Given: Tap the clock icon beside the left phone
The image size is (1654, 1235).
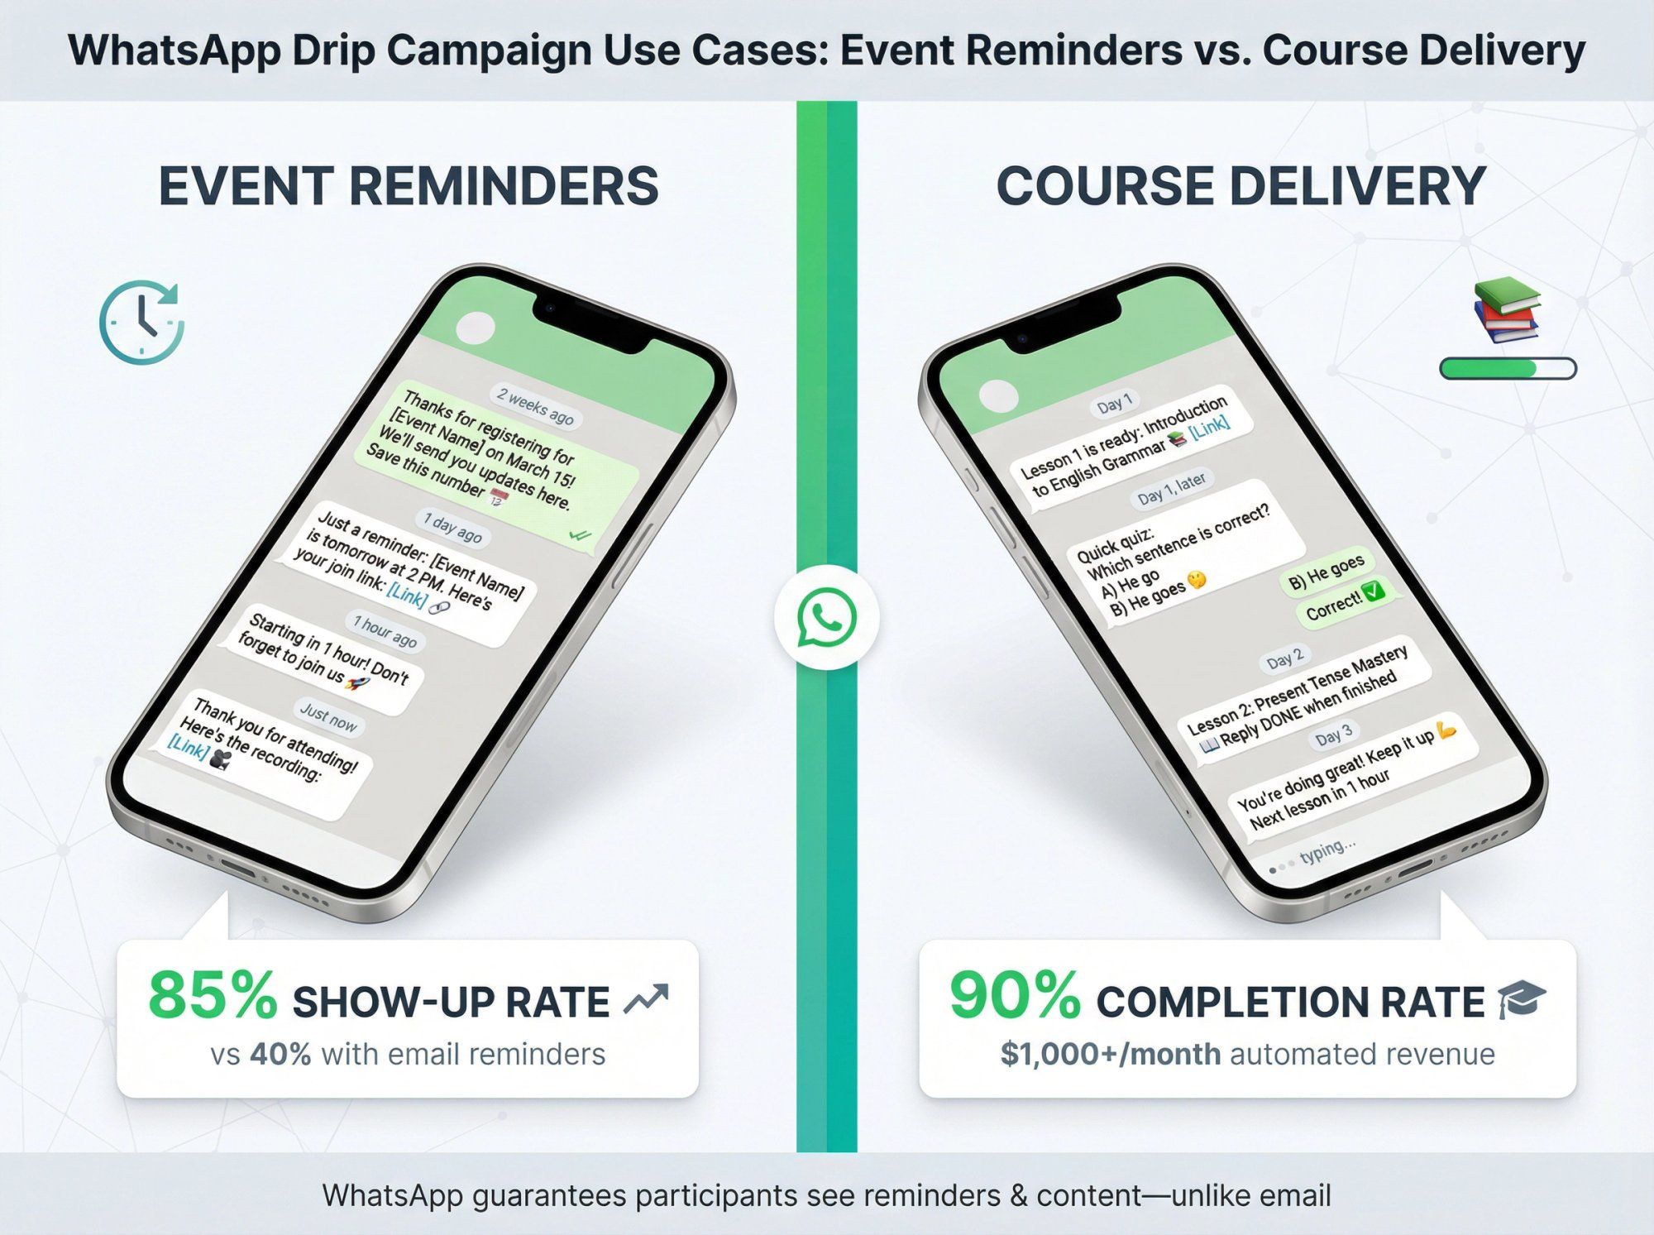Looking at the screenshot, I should point(141,322).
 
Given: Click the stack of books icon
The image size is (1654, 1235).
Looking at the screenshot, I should point(1506,310).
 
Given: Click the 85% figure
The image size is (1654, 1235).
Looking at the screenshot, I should point(213,996).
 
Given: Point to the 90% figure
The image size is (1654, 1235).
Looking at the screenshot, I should point(1015,996).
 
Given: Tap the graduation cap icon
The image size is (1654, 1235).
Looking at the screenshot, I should point(1522,1000).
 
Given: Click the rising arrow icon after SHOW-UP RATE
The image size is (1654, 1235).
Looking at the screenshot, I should point(646,1000).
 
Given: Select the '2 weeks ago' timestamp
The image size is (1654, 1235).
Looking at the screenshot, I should point(535,406).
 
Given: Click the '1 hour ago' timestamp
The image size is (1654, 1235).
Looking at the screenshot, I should point(385,632).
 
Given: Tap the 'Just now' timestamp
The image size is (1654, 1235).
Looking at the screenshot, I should point(328,716).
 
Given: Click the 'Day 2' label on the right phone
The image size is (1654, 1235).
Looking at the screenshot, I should point(1285,659).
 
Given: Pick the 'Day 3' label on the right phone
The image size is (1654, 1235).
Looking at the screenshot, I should point(1333,735).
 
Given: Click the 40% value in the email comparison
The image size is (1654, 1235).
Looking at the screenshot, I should point(280,1055).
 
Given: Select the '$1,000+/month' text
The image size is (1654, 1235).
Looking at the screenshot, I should point(1110,1055).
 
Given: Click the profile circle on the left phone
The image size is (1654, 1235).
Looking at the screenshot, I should point(476,328).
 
